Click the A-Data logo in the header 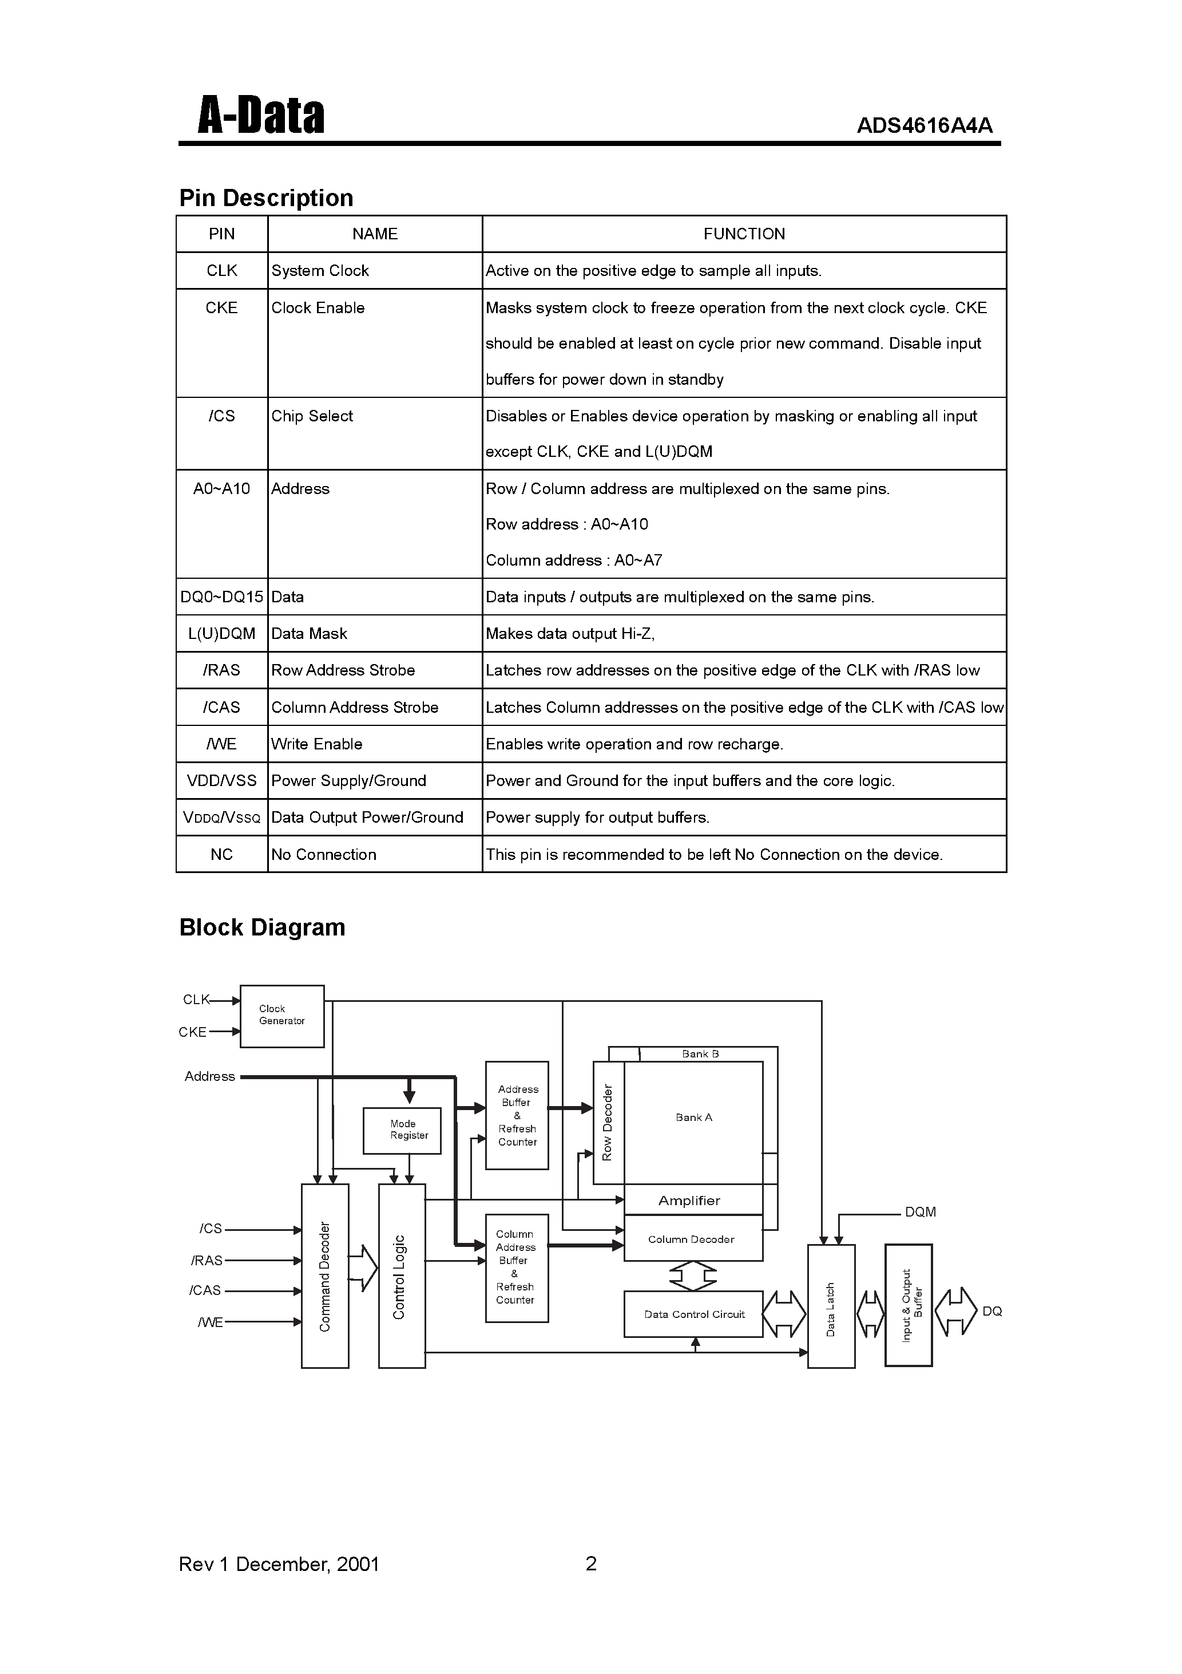260,116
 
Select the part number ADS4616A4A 924,126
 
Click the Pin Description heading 266,198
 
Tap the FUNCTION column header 743,234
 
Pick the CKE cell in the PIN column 221,307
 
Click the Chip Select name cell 312,416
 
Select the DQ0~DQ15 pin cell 221,597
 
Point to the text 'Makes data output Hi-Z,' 570,634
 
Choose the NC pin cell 221,855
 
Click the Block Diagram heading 263,927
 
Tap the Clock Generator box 281,1016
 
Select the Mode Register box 402,1130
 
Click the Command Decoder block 325,1276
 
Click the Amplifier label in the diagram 689,1201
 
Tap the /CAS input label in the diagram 205,1290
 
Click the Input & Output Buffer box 908,1305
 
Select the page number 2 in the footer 591,1563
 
